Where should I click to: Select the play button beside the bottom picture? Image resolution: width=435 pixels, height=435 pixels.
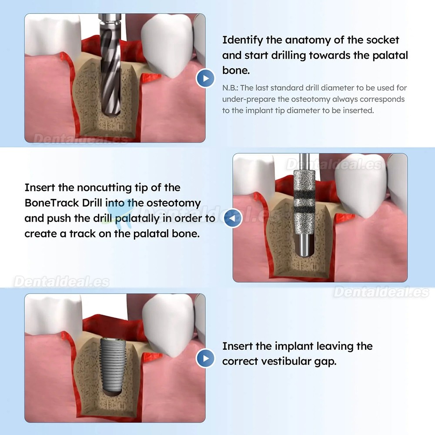coord(205,358)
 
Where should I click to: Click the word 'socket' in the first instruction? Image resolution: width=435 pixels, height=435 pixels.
coord(382,40)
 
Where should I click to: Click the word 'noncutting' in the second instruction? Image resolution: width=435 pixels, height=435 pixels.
coord(104,188)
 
